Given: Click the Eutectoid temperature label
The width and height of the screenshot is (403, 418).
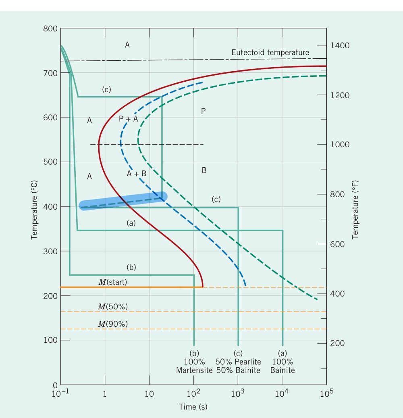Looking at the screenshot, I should (x=270, y=53).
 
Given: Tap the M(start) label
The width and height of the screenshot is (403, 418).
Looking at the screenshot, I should (x=112, y=282).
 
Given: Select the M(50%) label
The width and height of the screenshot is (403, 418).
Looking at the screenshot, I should (x=112, y=307).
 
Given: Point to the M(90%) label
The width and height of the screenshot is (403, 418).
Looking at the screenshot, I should (x=112, y=324).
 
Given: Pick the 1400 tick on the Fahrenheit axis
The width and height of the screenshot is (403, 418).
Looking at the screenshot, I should (x=340, y=45).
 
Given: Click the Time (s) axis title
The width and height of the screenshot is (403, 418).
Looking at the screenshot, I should (x=193, y=407).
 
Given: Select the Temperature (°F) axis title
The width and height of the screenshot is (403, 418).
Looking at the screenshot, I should (x=355, y=209).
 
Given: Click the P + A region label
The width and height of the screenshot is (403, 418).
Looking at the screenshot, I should (x=129, y=119).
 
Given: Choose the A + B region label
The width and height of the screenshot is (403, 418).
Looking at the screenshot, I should (x=136, y=174).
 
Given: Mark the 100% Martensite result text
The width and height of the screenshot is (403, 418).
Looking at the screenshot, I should (x=194, y=366).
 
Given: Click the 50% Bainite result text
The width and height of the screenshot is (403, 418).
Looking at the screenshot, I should (x=238, y=370).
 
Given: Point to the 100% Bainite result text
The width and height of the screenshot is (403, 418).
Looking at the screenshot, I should (x=283, y=366).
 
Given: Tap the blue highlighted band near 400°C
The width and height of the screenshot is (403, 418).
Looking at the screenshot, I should (x=123, y=201).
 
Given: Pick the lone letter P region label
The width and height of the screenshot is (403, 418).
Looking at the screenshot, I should (x=204, y=111).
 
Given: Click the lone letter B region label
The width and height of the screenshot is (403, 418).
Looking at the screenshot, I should (x=204, y=171).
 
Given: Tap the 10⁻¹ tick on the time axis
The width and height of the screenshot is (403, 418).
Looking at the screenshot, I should (x=61, y=393).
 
